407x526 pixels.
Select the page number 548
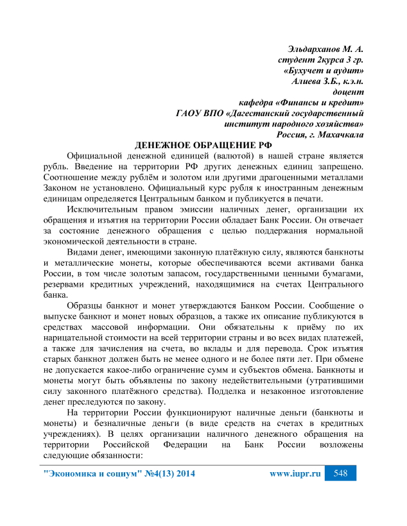pos(340,474)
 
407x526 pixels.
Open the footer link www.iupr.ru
pos(295,474)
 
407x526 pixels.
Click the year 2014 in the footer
pos(181,474)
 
